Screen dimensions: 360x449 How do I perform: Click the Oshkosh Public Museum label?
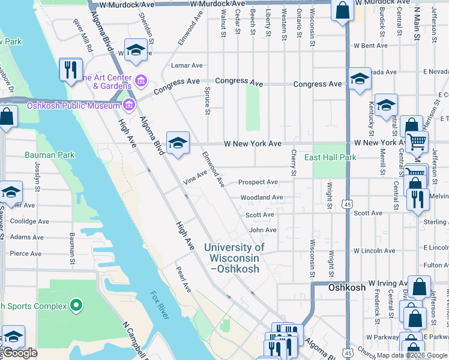click(x=74, y=106)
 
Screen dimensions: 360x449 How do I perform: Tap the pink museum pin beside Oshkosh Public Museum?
click(x=128, y=106)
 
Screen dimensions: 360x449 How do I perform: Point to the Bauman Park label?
click(x=50, y=155)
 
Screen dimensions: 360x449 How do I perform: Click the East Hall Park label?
click(x=330, y=157)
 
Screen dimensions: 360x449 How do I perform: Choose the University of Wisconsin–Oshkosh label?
click(x=234, y=258)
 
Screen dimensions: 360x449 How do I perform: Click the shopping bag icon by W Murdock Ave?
click(x=342, y=11)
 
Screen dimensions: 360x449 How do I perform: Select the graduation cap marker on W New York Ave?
click(x=178, y=143)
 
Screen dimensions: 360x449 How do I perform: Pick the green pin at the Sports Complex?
click(x=76, y=306)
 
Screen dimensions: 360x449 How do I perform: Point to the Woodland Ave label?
click(x=262, y=197)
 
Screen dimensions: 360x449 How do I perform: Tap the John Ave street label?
click(x=262, y=230)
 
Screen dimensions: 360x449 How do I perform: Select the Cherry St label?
click(x=294, y=163)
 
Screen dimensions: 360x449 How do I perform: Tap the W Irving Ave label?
click(x=387, y=282)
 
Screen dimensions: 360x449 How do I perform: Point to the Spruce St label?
click(x=208, y=102)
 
